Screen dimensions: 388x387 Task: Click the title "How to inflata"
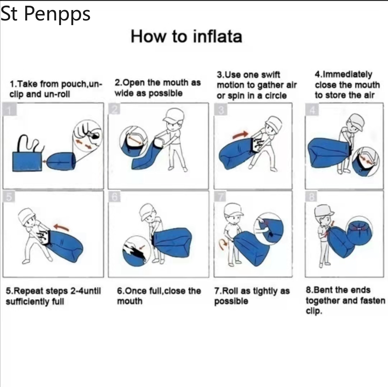186,36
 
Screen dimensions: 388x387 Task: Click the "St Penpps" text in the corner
46,14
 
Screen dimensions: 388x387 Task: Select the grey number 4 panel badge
312,109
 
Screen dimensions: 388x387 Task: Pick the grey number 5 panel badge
9,197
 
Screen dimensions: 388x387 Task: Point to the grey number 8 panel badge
311,197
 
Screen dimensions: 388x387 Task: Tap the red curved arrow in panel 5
61,227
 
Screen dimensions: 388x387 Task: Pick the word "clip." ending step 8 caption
314,311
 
